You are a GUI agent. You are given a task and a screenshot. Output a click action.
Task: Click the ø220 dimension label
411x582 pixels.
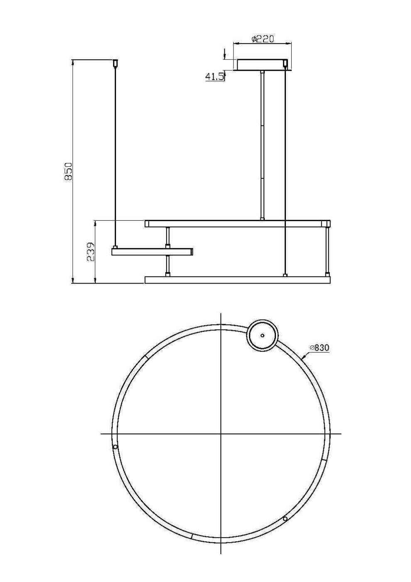263,39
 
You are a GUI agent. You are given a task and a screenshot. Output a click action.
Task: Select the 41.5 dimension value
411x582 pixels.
214,76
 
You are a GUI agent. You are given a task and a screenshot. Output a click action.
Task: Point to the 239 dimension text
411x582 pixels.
91,252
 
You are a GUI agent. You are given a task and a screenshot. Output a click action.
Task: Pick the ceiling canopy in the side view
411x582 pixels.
262,65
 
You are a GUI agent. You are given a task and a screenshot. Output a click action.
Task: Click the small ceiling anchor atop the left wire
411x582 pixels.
116,63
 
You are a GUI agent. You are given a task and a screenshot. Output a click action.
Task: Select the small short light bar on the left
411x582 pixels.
152,252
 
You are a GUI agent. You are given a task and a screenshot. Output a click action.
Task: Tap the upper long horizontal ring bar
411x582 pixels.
237,224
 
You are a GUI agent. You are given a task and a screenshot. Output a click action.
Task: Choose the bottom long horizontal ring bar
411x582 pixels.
237,280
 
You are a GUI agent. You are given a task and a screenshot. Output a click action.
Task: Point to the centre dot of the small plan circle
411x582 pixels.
262,335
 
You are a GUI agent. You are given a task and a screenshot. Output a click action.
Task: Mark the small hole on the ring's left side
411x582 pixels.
115,447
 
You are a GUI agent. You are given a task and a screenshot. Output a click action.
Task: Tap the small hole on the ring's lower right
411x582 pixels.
285,518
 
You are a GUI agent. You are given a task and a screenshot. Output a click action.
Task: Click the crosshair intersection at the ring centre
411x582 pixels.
221,434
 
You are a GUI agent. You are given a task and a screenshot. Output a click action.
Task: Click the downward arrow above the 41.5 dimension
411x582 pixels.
224,54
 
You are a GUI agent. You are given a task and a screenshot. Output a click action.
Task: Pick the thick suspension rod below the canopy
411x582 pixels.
262,145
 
